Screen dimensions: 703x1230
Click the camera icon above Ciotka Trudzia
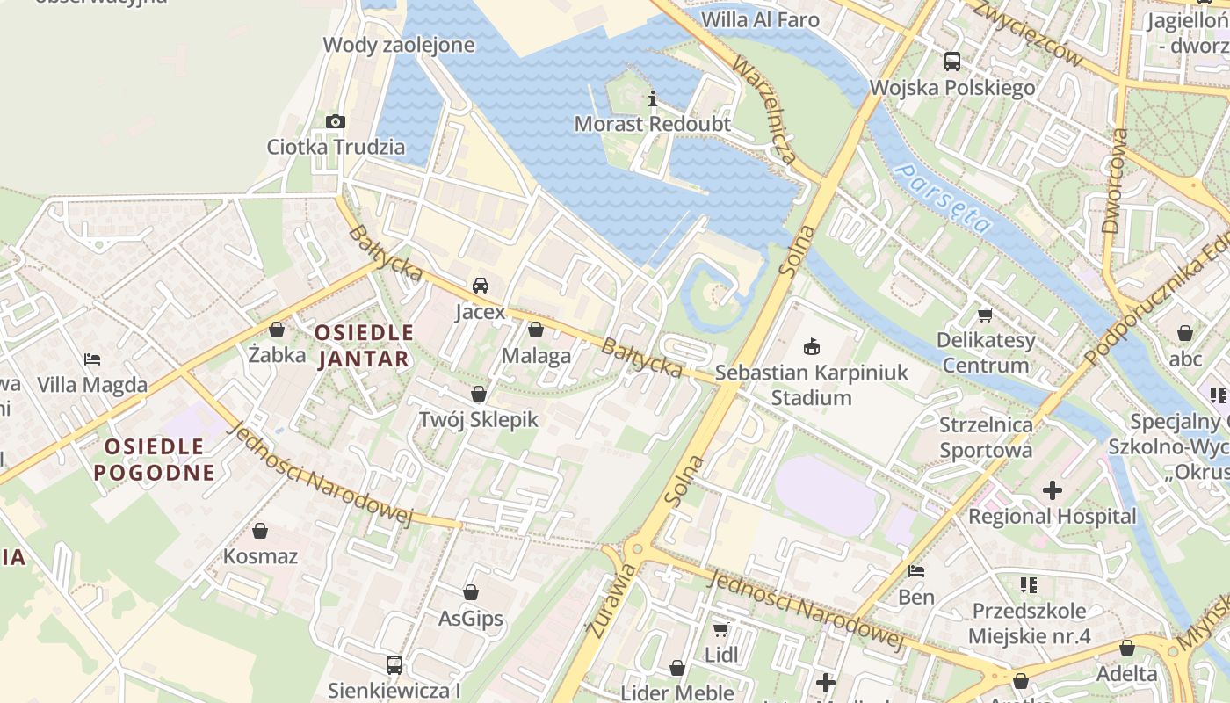(335, 121)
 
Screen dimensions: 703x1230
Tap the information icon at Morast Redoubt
(652, 98)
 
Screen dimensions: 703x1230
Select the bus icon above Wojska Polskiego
(952, 62)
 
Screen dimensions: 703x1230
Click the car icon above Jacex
(480, 286)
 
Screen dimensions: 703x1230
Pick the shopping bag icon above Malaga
(536, 330)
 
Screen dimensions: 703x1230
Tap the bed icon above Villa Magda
(92, 359)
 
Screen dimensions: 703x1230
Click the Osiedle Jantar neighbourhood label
(364, 345)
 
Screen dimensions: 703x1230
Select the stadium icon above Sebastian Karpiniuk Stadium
(812, 346)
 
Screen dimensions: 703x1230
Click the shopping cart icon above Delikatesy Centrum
(985, 314)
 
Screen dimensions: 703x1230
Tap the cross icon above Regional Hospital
(1053, 489)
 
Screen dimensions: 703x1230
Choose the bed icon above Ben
(916, 571)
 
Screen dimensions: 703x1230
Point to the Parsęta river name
(942, 197)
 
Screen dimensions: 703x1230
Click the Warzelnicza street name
(764, 111)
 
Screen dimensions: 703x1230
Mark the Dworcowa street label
(1114, 181)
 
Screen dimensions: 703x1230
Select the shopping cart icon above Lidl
(721, 629)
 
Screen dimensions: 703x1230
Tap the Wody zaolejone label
(399, 45)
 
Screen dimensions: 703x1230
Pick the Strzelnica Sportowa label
(986, 438)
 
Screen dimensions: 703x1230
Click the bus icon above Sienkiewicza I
(394, 664)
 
